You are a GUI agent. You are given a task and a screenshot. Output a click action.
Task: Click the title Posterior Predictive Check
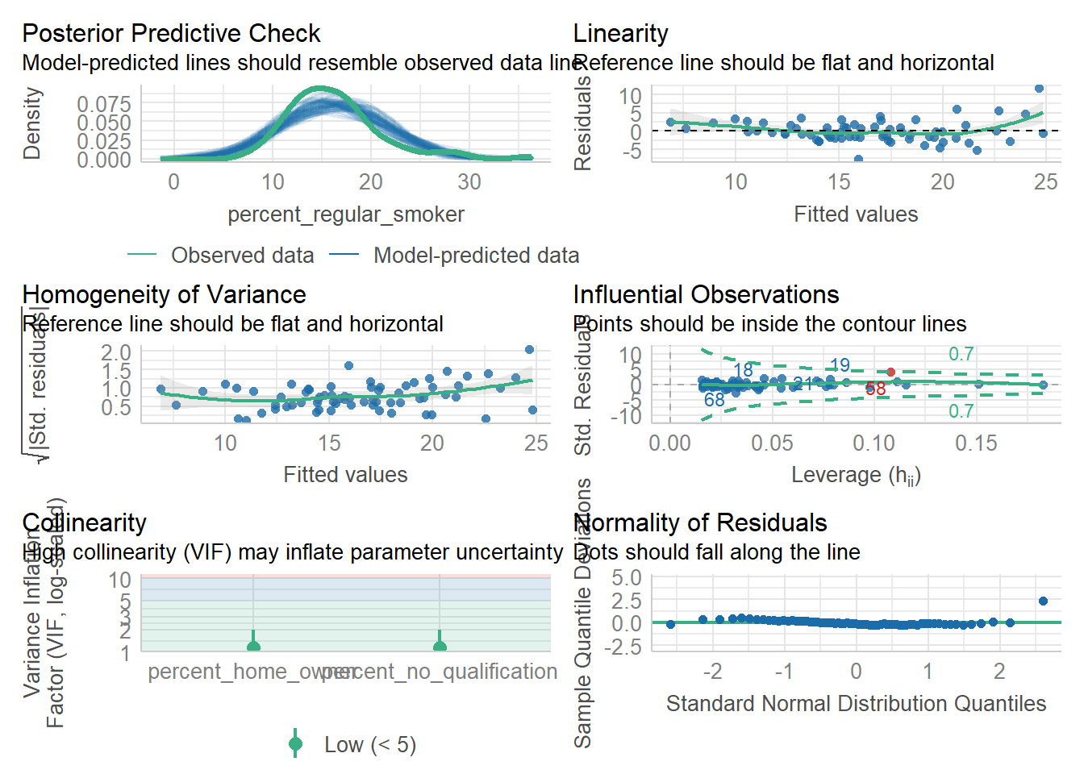click(171, 33)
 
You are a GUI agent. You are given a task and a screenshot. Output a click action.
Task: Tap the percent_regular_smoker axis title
click(345, 214)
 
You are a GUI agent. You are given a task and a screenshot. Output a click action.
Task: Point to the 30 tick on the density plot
click(469, 182)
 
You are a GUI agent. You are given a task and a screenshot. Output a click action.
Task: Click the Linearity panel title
click(620, 33)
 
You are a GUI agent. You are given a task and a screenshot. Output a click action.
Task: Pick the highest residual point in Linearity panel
click(1039, 89)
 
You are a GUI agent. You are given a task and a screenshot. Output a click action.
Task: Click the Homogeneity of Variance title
click(164, 294)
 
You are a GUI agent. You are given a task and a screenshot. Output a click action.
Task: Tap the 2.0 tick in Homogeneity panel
click(116, 352)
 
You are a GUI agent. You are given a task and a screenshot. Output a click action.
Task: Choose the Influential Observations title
click(706, 294)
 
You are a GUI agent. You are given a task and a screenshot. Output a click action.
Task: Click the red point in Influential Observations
click(890, 372)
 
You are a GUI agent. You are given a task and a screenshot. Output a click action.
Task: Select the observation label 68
click(714, 400)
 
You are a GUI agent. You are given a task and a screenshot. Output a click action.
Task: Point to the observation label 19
click(840, 365)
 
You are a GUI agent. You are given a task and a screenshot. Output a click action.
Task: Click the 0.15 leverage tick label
click(976, 443)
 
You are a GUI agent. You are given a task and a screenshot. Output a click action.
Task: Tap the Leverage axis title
click(856, 475)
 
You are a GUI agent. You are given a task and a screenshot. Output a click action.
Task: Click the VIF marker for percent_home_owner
click(253, 645)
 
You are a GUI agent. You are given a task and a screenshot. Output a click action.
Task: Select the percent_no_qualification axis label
click(440, 672)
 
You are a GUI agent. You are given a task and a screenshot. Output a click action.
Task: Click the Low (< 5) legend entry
click(369, 744)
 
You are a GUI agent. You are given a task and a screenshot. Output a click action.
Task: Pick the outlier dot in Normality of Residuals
click(1043, 601)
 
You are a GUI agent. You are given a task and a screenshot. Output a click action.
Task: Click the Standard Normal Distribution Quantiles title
click(856, 704)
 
